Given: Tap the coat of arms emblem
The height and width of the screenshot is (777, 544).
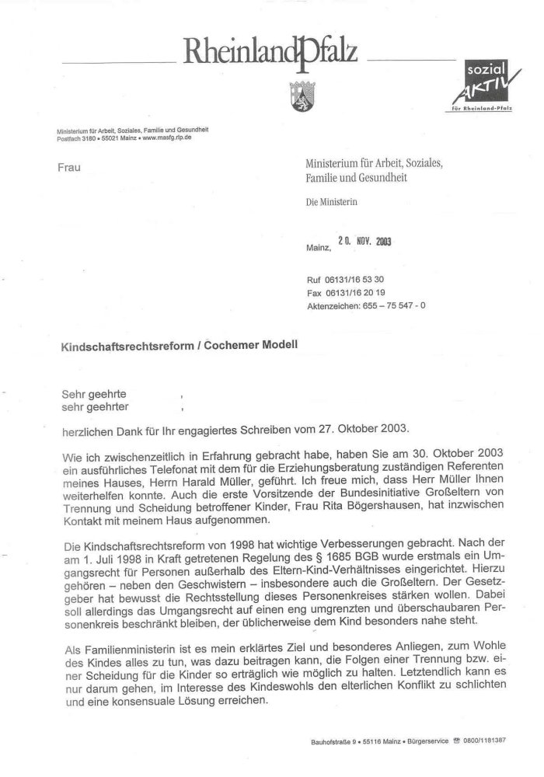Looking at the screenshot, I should pos(301,89).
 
